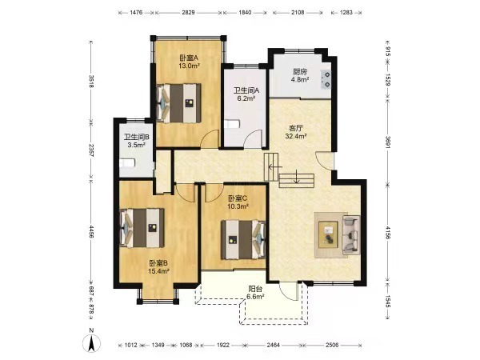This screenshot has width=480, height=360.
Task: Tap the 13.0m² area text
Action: [189, 66]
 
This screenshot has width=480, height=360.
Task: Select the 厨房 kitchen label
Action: [299, 72]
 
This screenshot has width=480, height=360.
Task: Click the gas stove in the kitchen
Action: [326, 79]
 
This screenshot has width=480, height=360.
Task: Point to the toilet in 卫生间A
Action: [232, 124]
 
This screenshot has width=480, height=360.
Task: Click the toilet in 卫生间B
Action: [127, 162]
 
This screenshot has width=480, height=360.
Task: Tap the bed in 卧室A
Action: [178, 103]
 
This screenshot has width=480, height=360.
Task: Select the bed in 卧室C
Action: [243, 240]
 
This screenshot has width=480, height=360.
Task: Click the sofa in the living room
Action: [351, 235]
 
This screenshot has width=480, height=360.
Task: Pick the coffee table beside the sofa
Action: [328, 234]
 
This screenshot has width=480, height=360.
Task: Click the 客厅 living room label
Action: [296, 128]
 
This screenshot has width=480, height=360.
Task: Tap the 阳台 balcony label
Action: [255, 289]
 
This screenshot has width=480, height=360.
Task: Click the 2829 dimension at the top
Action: [188, 13]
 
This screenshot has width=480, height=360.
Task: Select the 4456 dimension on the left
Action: [90, 231]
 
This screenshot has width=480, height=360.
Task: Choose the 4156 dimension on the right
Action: [387, 233]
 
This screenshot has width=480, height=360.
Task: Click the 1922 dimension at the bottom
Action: [223, 345]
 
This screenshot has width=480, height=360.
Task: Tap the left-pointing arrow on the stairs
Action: [275, 167]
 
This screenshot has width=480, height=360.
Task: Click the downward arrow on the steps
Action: [296, 177]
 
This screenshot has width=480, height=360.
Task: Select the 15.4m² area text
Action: [158, 271]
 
